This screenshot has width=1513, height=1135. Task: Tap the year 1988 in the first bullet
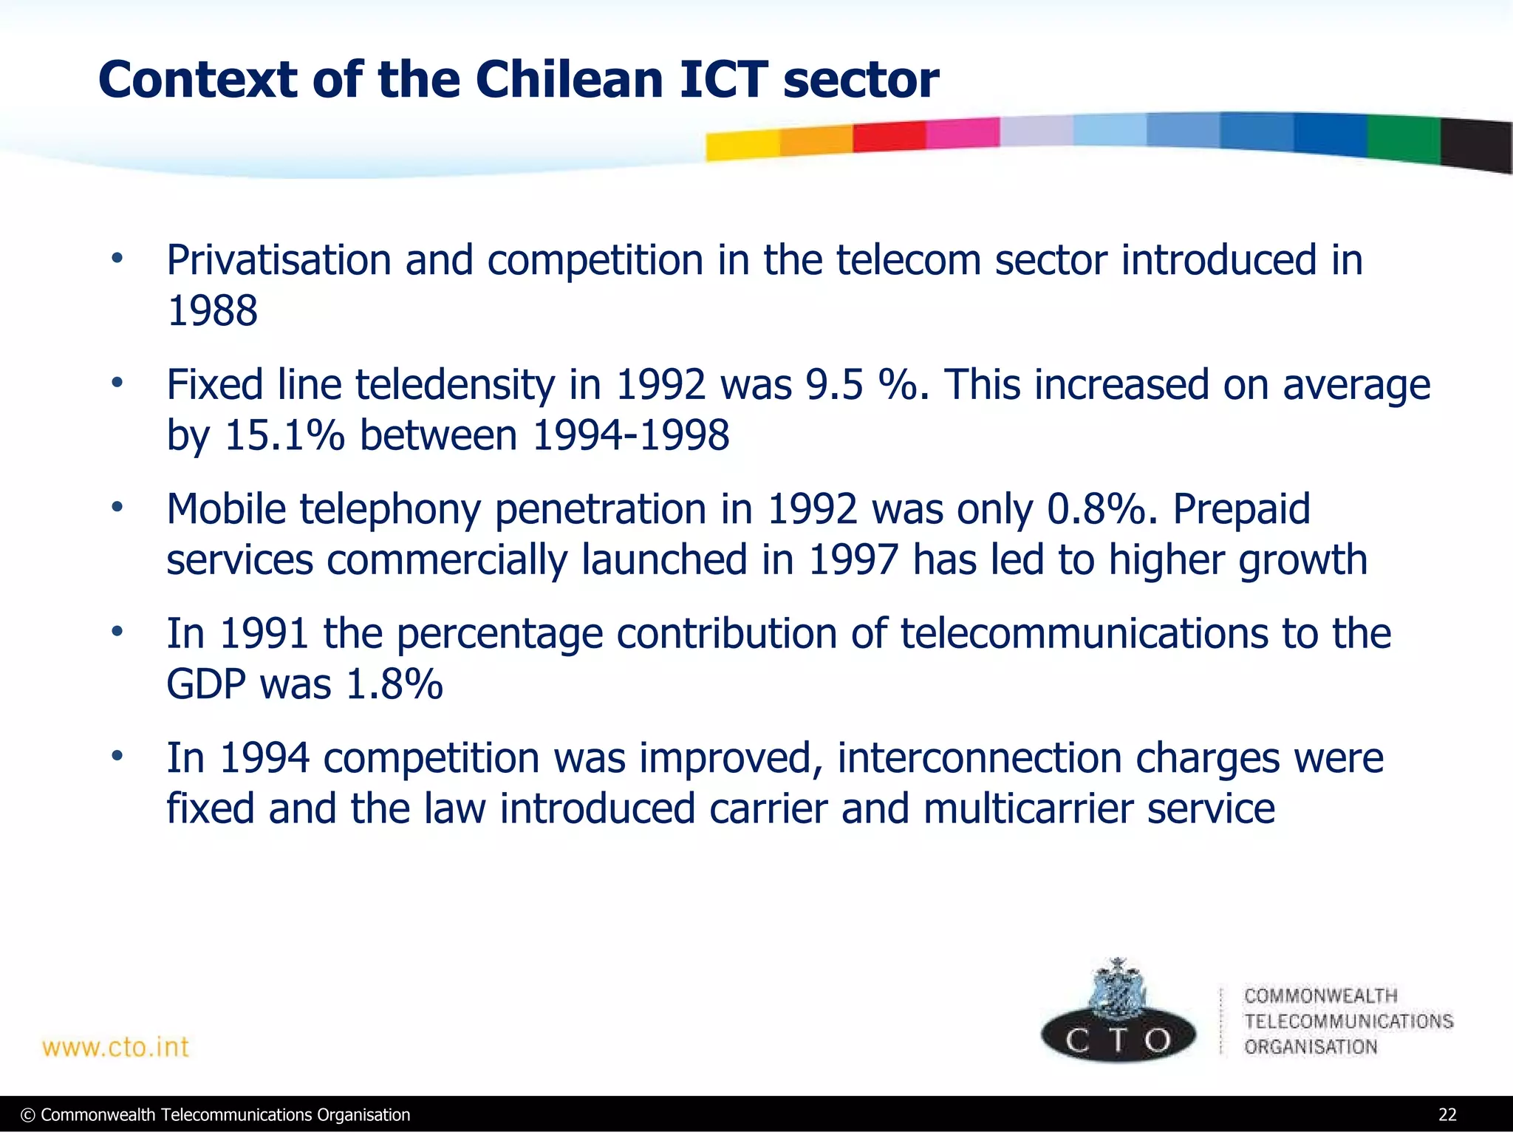point(212,310)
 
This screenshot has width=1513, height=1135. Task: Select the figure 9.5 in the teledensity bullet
point(834,385)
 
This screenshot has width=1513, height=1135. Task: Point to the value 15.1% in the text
point(284,435)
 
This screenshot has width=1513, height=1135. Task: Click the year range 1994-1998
point(631,435)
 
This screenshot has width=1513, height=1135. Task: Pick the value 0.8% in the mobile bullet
point(1096,509)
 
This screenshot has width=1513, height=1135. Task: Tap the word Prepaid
point(1241,509)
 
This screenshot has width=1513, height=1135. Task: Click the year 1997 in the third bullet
point(853,559)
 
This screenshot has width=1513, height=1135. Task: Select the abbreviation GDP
point(206,684)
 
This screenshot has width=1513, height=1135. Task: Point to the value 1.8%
point(394,684)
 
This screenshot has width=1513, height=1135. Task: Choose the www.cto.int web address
point(115,1047)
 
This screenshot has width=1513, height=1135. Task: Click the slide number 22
point(1447,1115)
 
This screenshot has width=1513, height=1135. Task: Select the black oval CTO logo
point(1118,1038)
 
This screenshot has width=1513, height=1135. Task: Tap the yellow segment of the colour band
point(742,145)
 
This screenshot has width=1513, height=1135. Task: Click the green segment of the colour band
point(1403,138)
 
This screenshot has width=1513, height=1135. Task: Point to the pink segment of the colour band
point(962,133)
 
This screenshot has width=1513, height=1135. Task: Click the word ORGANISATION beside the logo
point(1311,1047)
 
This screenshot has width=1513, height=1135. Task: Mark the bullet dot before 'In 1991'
point(116,633)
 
